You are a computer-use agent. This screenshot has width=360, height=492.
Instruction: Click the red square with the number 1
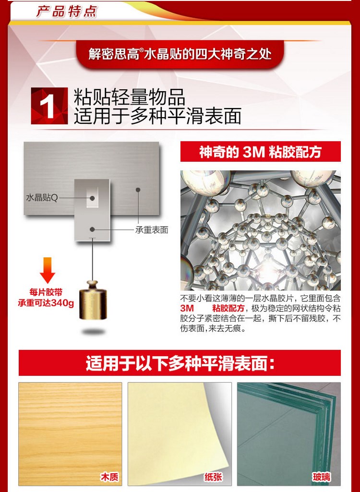coord(49,106)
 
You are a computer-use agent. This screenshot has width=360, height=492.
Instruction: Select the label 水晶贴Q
coord(42,198)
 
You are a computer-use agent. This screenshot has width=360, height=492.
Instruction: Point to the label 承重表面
coord(152,230)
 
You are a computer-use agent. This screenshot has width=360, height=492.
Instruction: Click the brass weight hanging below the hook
coord(93,300)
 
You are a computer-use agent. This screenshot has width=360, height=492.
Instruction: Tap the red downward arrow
coord(48,270)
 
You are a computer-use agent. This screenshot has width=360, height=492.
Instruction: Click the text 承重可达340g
coord(46,303)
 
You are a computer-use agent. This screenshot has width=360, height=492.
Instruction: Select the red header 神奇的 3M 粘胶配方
coord(261,152)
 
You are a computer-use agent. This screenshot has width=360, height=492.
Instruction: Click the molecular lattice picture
coord(261,230)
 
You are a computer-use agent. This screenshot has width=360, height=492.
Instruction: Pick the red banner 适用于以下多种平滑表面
coord(180,363)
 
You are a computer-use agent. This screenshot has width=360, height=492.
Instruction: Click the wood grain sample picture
coord(70,434)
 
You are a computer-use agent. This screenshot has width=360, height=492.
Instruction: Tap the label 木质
coord(109,477)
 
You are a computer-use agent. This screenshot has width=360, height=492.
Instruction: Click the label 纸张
coord(213,477)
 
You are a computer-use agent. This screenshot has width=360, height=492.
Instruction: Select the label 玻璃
coord(322,477)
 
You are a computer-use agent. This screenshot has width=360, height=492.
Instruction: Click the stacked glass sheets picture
coord(289,434)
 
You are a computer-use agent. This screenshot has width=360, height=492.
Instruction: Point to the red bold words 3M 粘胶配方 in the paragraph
coord(212,308)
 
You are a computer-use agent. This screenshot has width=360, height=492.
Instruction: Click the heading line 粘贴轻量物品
coord(129,97)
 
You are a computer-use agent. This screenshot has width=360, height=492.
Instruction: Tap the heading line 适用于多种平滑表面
coord(157,116)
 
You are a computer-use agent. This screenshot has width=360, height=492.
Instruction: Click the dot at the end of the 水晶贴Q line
coord(92,198)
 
